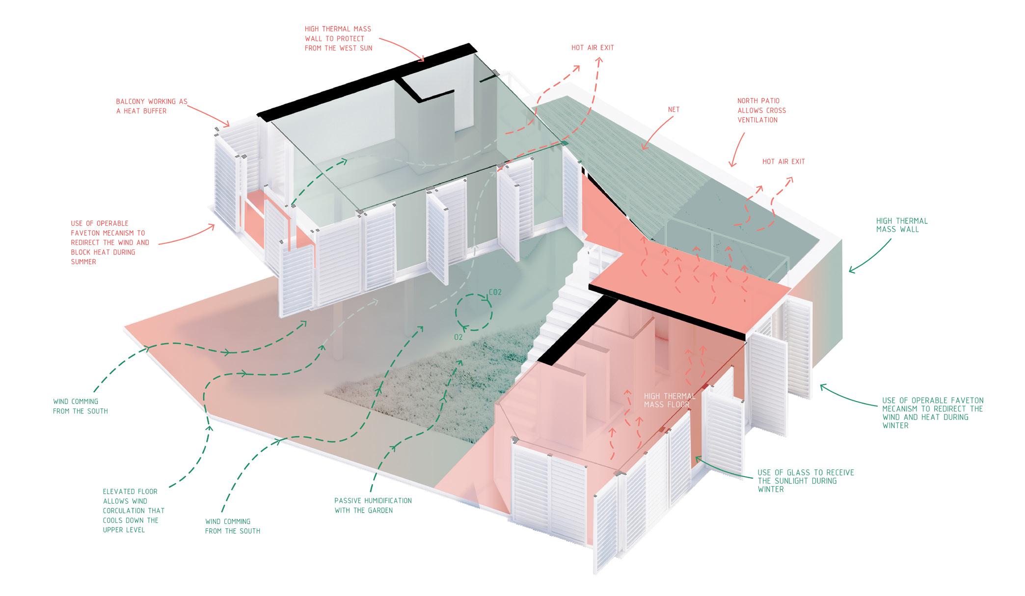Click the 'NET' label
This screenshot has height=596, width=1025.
coord(674,109)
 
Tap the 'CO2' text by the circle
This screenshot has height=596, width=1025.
coord(495,293)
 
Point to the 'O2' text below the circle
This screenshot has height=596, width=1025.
coord(458,337)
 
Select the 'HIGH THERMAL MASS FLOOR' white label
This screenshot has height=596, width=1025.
coord(670,400)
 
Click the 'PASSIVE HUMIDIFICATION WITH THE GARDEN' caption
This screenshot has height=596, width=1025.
coord(373,505)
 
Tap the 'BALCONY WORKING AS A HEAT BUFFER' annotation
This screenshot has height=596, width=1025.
coord(152,106)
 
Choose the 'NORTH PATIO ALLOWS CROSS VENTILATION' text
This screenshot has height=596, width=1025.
coord(761,110)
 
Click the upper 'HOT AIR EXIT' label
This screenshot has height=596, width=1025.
coord(593,48)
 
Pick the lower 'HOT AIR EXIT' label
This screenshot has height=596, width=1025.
coord(783,162)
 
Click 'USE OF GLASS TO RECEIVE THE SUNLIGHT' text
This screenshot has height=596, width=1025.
coord(806,481)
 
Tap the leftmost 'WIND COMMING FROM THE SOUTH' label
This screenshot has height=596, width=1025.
coord(80,406)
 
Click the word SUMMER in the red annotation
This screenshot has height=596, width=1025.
coord(83,262)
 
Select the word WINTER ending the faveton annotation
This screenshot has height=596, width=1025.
coord(895,426)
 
